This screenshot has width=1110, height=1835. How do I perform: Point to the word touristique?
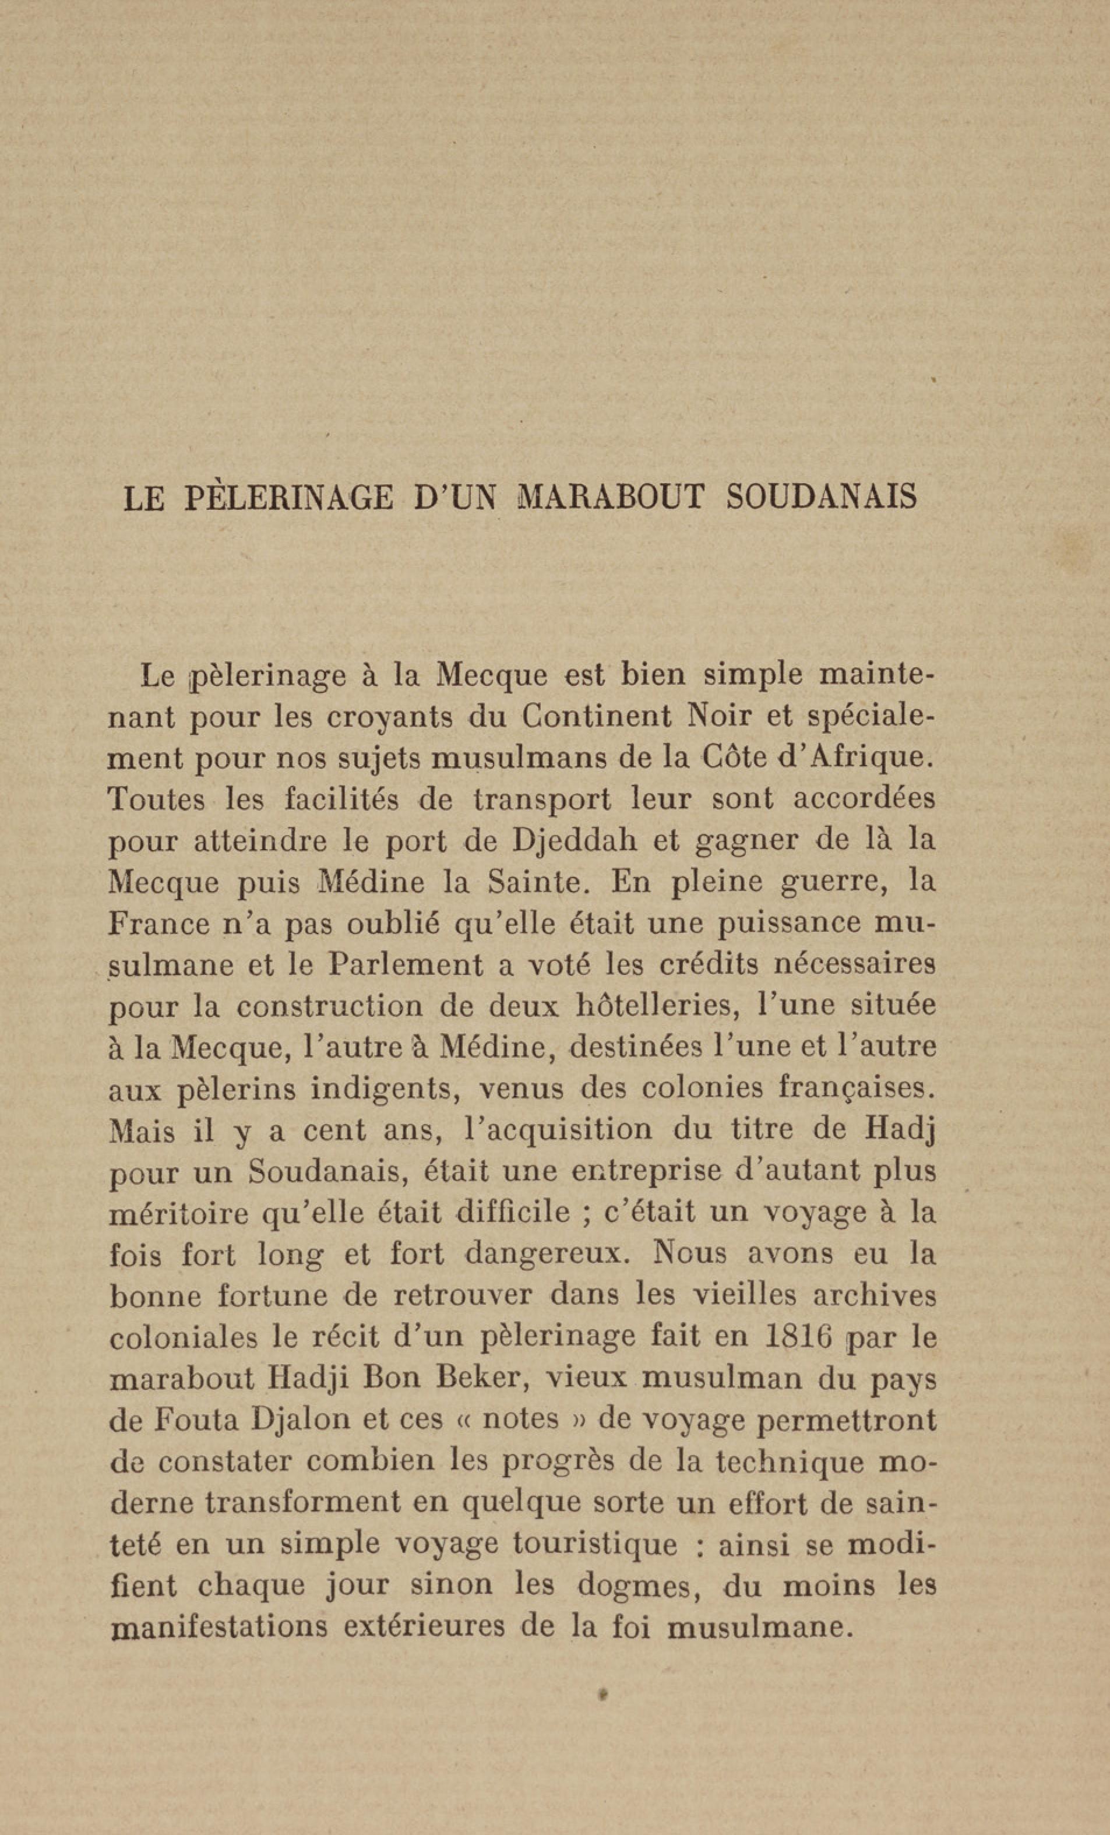coord(594,1545)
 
